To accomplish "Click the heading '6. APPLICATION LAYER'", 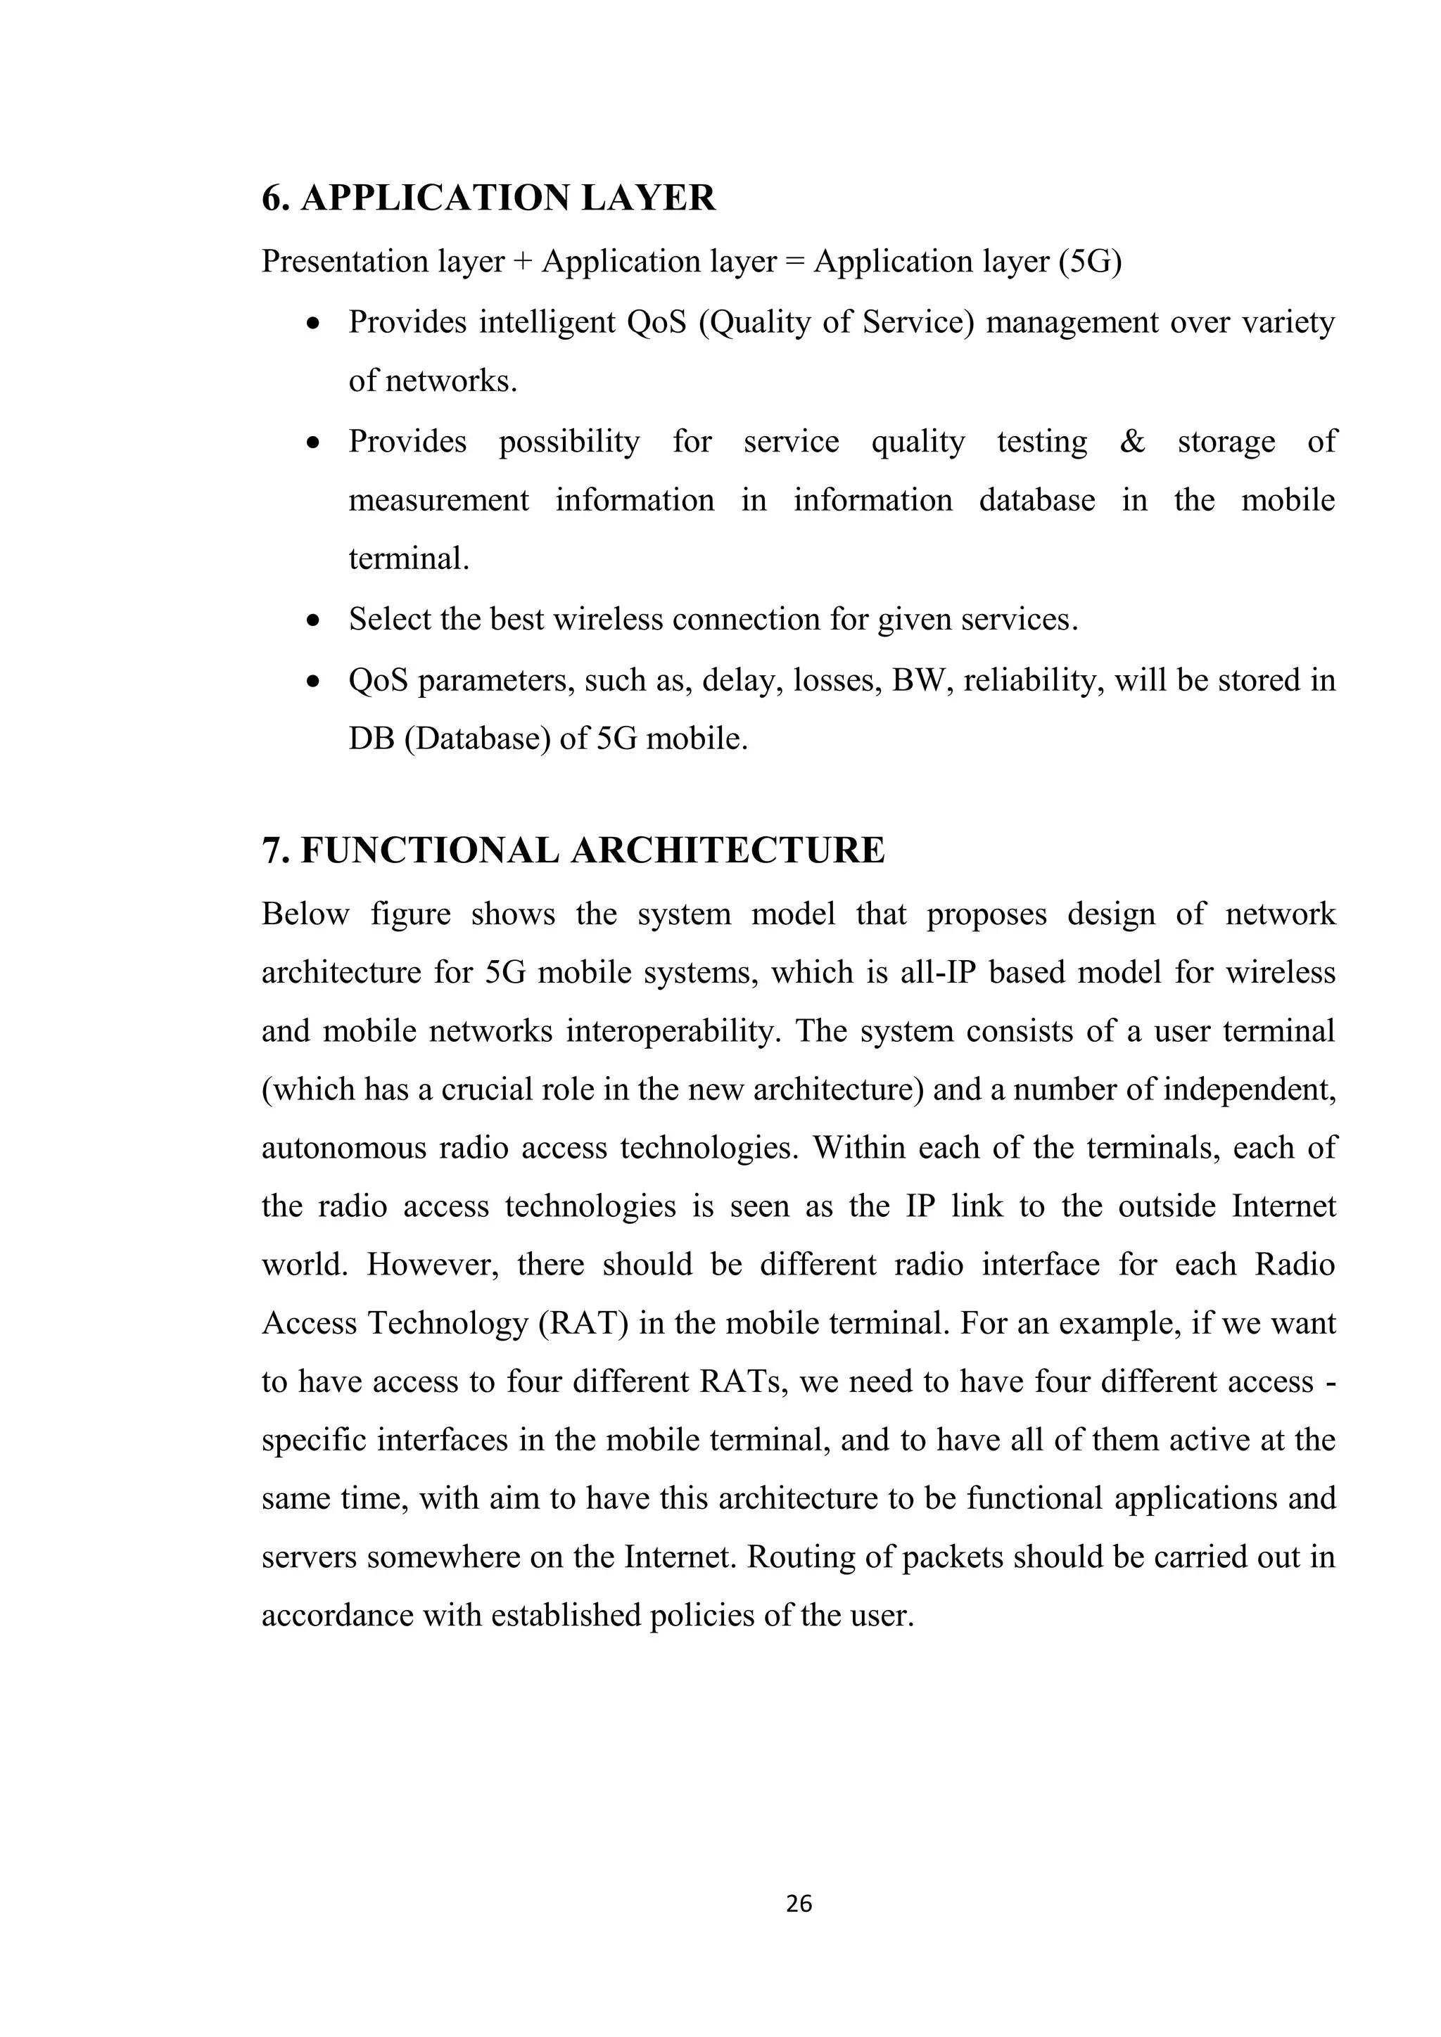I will click(x=488, y=198).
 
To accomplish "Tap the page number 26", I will click(x=799, y=1904).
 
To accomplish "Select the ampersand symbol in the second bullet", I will click(x=1132, y=441).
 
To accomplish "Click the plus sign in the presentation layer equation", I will click(x=523, y=262).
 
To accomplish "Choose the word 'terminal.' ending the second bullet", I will click(x=408, y=560).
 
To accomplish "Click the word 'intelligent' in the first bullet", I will click(x=547, y=322).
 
